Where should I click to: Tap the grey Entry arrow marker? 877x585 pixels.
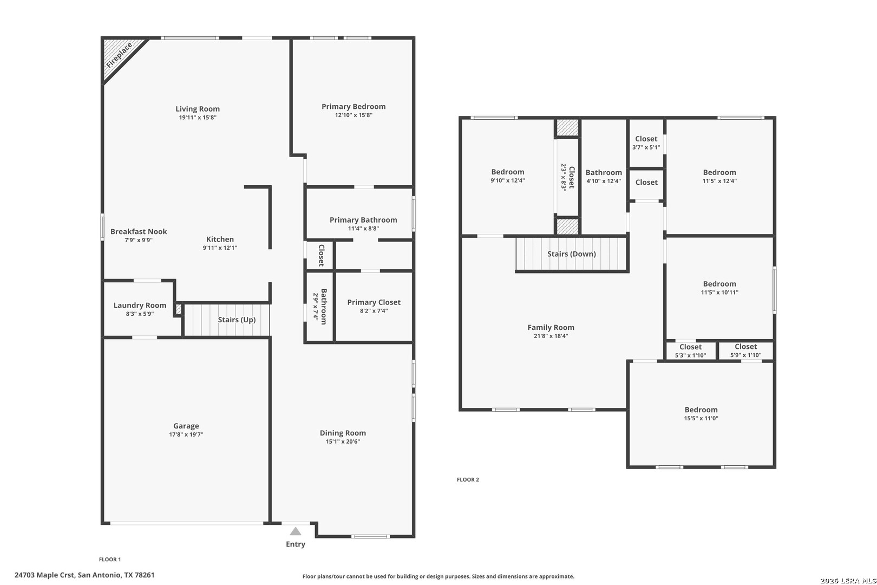point(296,531)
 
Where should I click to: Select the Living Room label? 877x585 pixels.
point(197,109)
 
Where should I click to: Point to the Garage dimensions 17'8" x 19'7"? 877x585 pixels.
point(186,434)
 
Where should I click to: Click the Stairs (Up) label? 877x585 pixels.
point(237,320)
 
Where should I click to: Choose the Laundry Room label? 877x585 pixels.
point(140,305)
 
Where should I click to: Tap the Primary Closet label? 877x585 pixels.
point(374,302)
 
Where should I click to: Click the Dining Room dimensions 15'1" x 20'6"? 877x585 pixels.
point(343,441)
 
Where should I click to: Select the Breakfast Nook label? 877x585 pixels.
point(139,232)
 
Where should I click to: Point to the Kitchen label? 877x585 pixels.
point(220,239)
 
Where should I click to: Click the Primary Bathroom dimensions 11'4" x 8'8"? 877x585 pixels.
point(363,229)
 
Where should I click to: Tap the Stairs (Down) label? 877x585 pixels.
point(572,254)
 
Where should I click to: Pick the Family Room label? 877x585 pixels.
point(551,328)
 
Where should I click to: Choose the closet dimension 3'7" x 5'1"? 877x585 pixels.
point(646,147)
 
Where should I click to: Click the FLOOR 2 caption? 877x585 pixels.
point(468,479)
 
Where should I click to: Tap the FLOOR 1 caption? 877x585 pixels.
point(110,560)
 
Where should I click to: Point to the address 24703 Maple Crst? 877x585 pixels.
point(44,575)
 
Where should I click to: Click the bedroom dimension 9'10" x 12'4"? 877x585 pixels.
point(507,180)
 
